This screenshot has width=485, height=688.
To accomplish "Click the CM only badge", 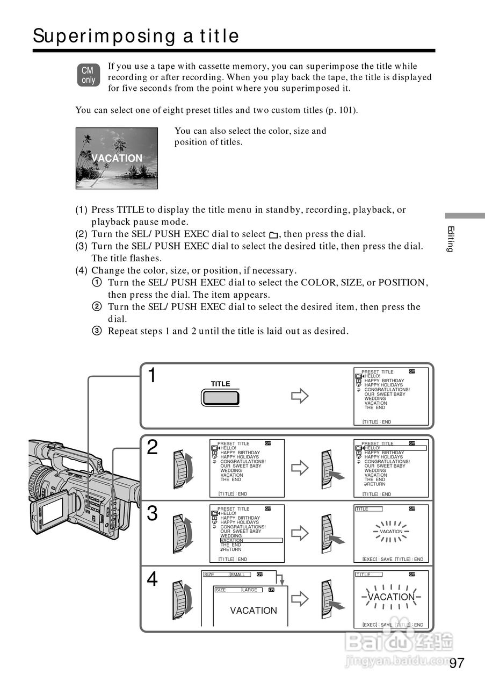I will [x=88, y=75].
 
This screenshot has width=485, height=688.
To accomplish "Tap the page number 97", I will [x=457, y=663].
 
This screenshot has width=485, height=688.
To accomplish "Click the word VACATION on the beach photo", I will [x=117, y=158].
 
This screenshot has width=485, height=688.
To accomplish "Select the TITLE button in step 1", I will [x=220, y=397].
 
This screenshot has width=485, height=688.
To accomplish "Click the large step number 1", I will [x=153, y=376].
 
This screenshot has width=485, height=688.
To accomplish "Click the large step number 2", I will [x=153, y=447].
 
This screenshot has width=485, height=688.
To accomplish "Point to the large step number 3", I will [x=153, y=514].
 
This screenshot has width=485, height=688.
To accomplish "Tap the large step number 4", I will [x=153, y=579].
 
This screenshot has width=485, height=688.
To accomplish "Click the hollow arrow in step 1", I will [x=300, y=397].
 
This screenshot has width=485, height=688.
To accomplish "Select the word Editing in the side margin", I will [x=451, y=239].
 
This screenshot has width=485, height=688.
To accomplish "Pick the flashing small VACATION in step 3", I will [x=390, y=532].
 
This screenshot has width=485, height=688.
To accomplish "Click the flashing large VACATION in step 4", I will [x=391, y=597].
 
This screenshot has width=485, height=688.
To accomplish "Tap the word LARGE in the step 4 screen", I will [x=250, y=590].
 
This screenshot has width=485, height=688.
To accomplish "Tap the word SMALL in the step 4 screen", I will [x=237, y=575].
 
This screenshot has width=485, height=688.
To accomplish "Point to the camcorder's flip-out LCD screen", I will [x=52, y=510].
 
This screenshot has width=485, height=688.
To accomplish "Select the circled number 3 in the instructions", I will [x=97, y=331].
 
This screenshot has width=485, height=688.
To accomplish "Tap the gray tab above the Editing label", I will [x=465, y=216].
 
